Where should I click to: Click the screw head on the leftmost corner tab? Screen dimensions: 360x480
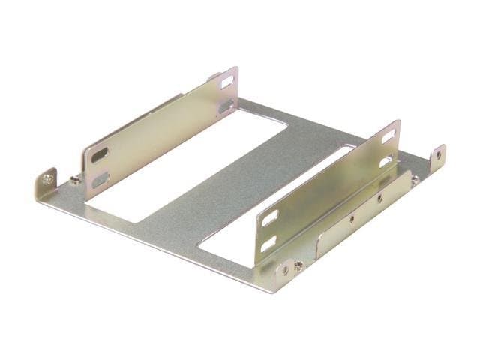point(47,179)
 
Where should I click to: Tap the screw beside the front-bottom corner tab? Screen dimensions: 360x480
point(298,263)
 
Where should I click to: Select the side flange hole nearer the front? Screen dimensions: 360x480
point(352,220)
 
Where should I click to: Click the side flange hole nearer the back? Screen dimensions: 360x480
point(380,199)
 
